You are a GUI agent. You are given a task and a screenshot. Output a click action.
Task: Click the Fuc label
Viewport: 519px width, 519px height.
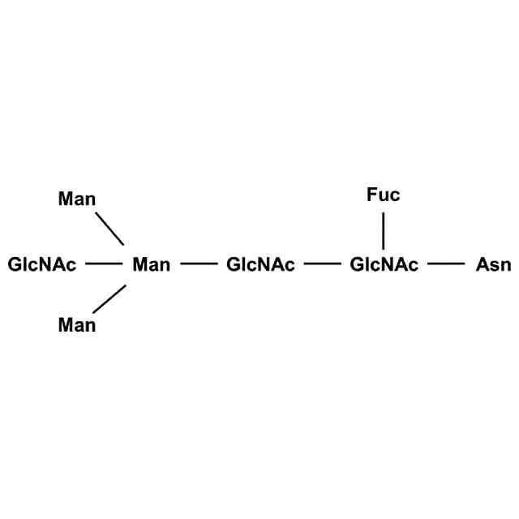(x=383, y=195)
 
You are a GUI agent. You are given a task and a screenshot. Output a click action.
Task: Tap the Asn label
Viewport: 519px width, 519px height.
(x=493, y=264)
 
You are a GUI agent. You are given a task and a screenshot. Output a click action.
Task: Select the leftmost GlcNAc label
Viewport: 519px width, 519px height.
(x=42, y=264)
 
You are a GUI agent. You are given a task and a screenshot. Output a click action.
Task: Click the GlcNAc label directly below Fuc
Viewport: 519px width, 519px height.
(x=384, y=264)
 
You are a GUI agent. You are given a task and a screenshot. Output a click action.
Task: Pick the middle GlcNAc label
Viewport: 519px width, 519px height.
(x=260, y=264)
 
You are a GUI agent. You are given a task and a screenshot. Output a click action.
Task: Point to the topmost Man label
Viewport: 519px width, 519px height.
(x=77, y=199)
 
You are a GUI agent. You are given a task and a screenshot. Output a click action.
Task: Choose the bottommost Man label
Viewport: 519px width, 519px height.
(x=77, y=326)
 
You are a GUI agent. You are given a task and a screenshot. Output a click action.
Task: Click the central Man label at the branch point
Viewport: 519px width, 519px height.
(x=151, y=264)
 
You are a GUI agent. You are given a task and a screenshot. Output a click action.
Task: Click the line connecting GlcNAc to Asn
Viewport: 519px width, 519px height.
(x=446, y=264)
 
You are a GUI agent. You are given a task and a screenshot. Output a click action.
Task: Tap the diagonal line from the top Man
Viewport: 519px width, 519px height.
(x=109, y=228)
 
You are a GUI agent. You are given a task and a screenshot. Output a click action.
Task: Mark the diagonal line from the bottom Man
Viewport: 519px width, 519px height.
(x=109, y=298)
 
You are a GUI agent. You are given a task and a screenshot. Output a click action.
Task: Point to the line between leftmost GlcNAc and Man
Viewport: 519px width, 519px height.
(x=102, y=264)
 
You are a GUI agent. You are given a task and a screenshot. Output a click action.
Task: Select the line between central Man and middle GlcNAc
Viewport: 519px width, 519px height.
(x=199, y=264)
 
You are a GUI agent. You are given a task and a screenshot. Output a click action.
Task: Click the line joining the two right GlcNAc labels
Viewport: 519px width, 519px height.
(x=322, y=264)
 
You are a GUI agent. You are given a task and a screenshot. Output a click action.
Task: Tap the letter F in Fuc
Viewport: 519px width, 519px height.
(x=371, y=195)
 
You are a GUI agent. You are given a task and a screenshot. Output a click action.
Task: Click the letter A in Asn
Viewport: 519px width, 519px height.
(x=482, y=264)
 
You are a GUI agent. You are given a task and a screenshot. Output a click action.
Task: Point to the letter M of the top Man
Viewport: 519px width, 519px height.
(x=66, y=199)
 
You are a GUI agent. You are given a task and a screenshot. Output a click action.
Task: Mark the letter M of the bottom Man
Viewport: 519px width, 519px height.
(x=66, y=326)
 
